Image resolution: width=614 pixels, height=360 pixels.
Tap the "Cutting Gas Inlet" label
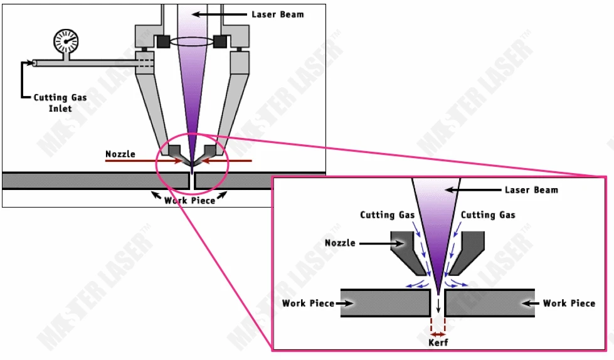pos(60,103)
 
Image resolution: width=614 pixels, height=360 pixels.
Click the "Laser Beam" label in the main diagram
pos(278,14)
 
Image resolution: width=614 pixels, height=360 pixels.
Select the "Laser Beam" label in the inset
pos(531,190)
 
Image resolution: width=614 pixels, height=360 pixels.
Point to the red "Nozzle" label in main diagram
pos(120,154)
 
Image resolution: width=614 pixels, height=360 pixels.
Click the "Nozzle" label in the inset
pos(340,243)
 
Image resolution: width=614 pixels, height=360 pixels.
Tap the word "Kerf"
pos(438,342)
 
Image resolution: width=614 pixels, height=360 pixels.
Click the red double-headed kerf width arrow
pos(438,334)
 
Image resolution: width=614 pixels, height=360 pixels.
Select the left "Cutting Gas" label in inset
pos(387,214)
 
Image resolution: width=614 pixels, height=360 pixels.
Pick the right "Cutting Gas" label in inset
pos(488,214)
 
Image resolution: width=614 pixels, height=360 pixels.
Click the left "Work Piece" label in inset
pos(308,303)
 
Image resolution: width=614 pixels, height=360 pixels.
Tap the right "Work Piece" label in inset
pos(569,303)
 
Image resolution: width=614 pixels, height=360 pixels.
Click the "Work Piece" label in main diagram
pos(189,201)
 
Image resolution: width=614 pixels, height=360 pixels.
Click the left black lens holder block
pos(163,41)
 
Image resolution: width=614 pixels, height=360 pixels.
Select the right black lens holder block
pos(220,41)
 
